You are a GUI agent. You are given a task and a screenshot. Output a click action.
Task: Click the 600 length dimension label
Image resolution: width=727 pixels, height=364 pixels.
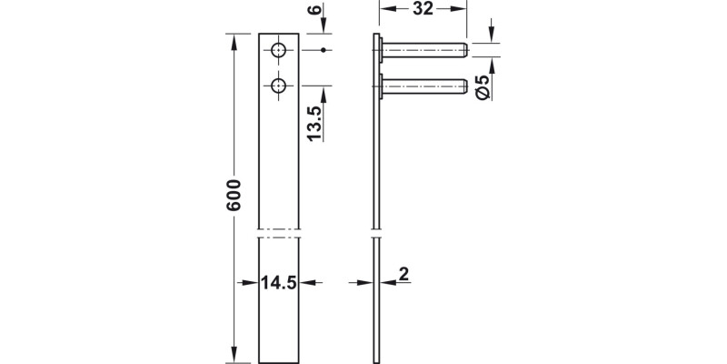[234, 195]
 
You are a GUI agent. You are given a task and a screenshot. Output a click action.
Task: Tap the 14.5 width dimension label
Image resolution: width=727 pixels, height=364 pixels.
[279, 282]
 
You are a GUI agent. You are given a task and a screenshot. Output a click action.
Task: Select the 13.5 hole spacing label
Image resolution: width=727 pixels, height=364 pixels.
[314, 118]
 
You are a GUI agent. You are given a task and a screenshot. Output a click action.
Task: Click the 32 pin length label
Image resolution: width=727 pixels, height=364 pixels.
[422, 10]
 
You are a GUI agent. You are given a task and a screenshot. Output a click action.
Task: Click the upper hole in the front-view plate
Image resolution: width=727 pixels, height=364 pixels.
[279, 49]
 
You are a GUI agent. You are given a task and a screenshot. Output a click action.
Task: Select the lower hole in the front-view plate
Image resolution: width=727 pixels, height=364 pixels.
[279, 86]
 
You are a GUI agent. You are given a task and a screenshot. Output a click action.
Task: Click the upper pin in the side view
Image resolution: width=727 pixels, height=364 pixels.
[423, 49]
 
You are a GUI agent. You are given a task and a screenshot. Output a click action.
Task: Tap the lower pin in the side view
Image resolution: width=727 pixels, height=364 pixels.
[423, 86]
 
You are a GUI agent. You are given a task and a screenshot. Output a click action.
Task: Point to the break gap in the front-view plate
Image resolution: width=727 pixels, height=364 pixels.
[279, 230]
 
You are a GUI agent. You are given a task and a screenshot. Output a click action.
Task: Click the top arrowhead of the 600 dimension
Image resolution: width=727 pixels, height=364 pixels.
[234, 39]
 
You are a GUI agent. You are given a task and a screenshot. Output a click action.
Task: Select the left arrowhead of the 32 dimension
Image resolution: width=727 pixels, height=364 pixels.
[383, 10]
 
